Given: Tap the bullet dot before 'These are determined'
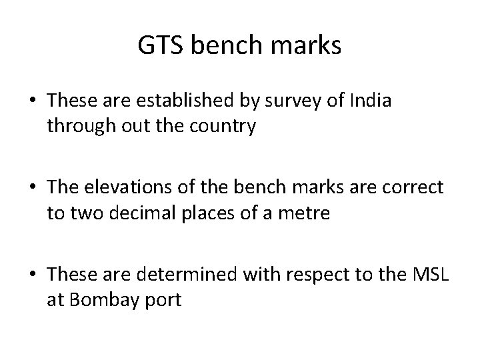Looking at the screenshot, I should click(x=33, y=274).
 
